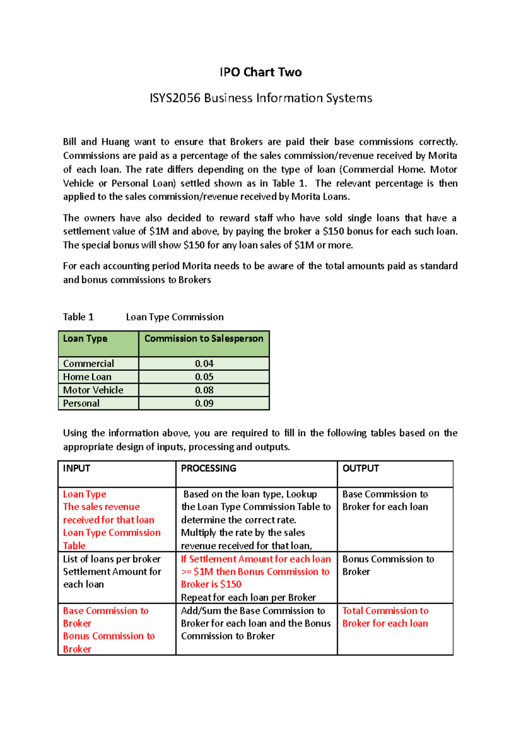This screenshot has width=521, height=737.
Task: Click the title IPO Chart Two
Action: (x=260, y=72)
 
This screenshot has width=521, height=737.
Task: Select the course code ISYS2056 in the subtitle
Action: (x=175, y=98)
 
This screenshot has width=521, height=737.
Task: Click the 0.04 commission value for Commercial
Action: (x=204, y=364)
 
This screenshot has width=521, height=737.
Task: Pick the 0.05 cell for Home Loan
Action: (x=204, y=377)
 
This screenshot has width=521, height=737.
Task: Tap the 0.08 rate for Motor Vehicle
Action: (x=204, y=390)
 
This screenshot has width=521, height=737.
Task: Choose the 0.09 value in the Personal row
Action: (x=204, y=403)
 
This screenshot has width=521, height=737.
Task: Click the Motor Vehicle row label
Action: (x=93, y=390)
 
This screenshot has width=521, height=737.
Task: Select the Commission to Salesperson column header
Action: (x=204, y=339)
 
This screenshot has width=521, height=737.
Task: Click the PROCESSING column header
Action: (x=208, y=468)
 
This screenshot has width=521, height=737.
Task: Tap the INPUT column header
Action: (x=76, y=468)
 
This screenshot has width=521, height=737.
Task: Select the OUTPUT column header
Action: (x=360, y=468)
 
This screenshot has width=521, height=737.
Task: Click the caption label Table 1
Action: (x=78, y=317)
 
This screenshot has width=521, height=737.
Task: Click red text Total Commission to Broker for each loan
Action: (x=385, y=617)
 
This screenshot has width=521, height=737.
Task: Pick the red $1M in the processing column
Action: (x=203, y=572)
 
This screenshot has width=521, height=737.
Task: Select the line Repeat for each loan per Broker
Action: (x=248, y=597)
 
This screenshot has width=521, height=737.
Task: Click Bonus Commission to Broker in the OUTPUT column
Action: (x=388, y=565)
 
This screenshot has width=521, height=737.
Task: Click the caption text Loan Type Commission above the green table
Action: (x=175, y=317)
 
